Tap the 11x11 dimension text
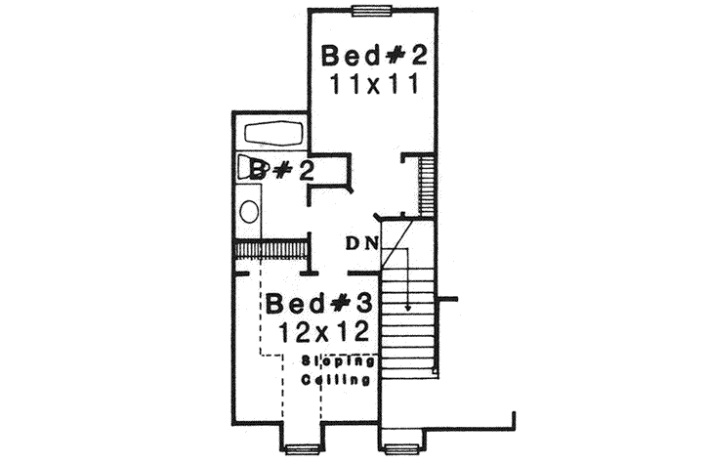pos(376,83)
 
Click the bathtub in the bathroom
pos(275,133)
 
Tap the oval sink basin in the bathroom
pos(249,212)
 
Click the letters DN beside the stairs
pos(360,242)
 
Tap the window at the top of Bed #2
pos(372,12)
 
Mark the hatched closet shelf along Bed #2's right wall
pos(426,185)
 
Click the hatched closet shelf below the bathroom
pos(271,251)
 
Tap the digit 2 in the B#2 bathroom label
pos(305,172)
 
